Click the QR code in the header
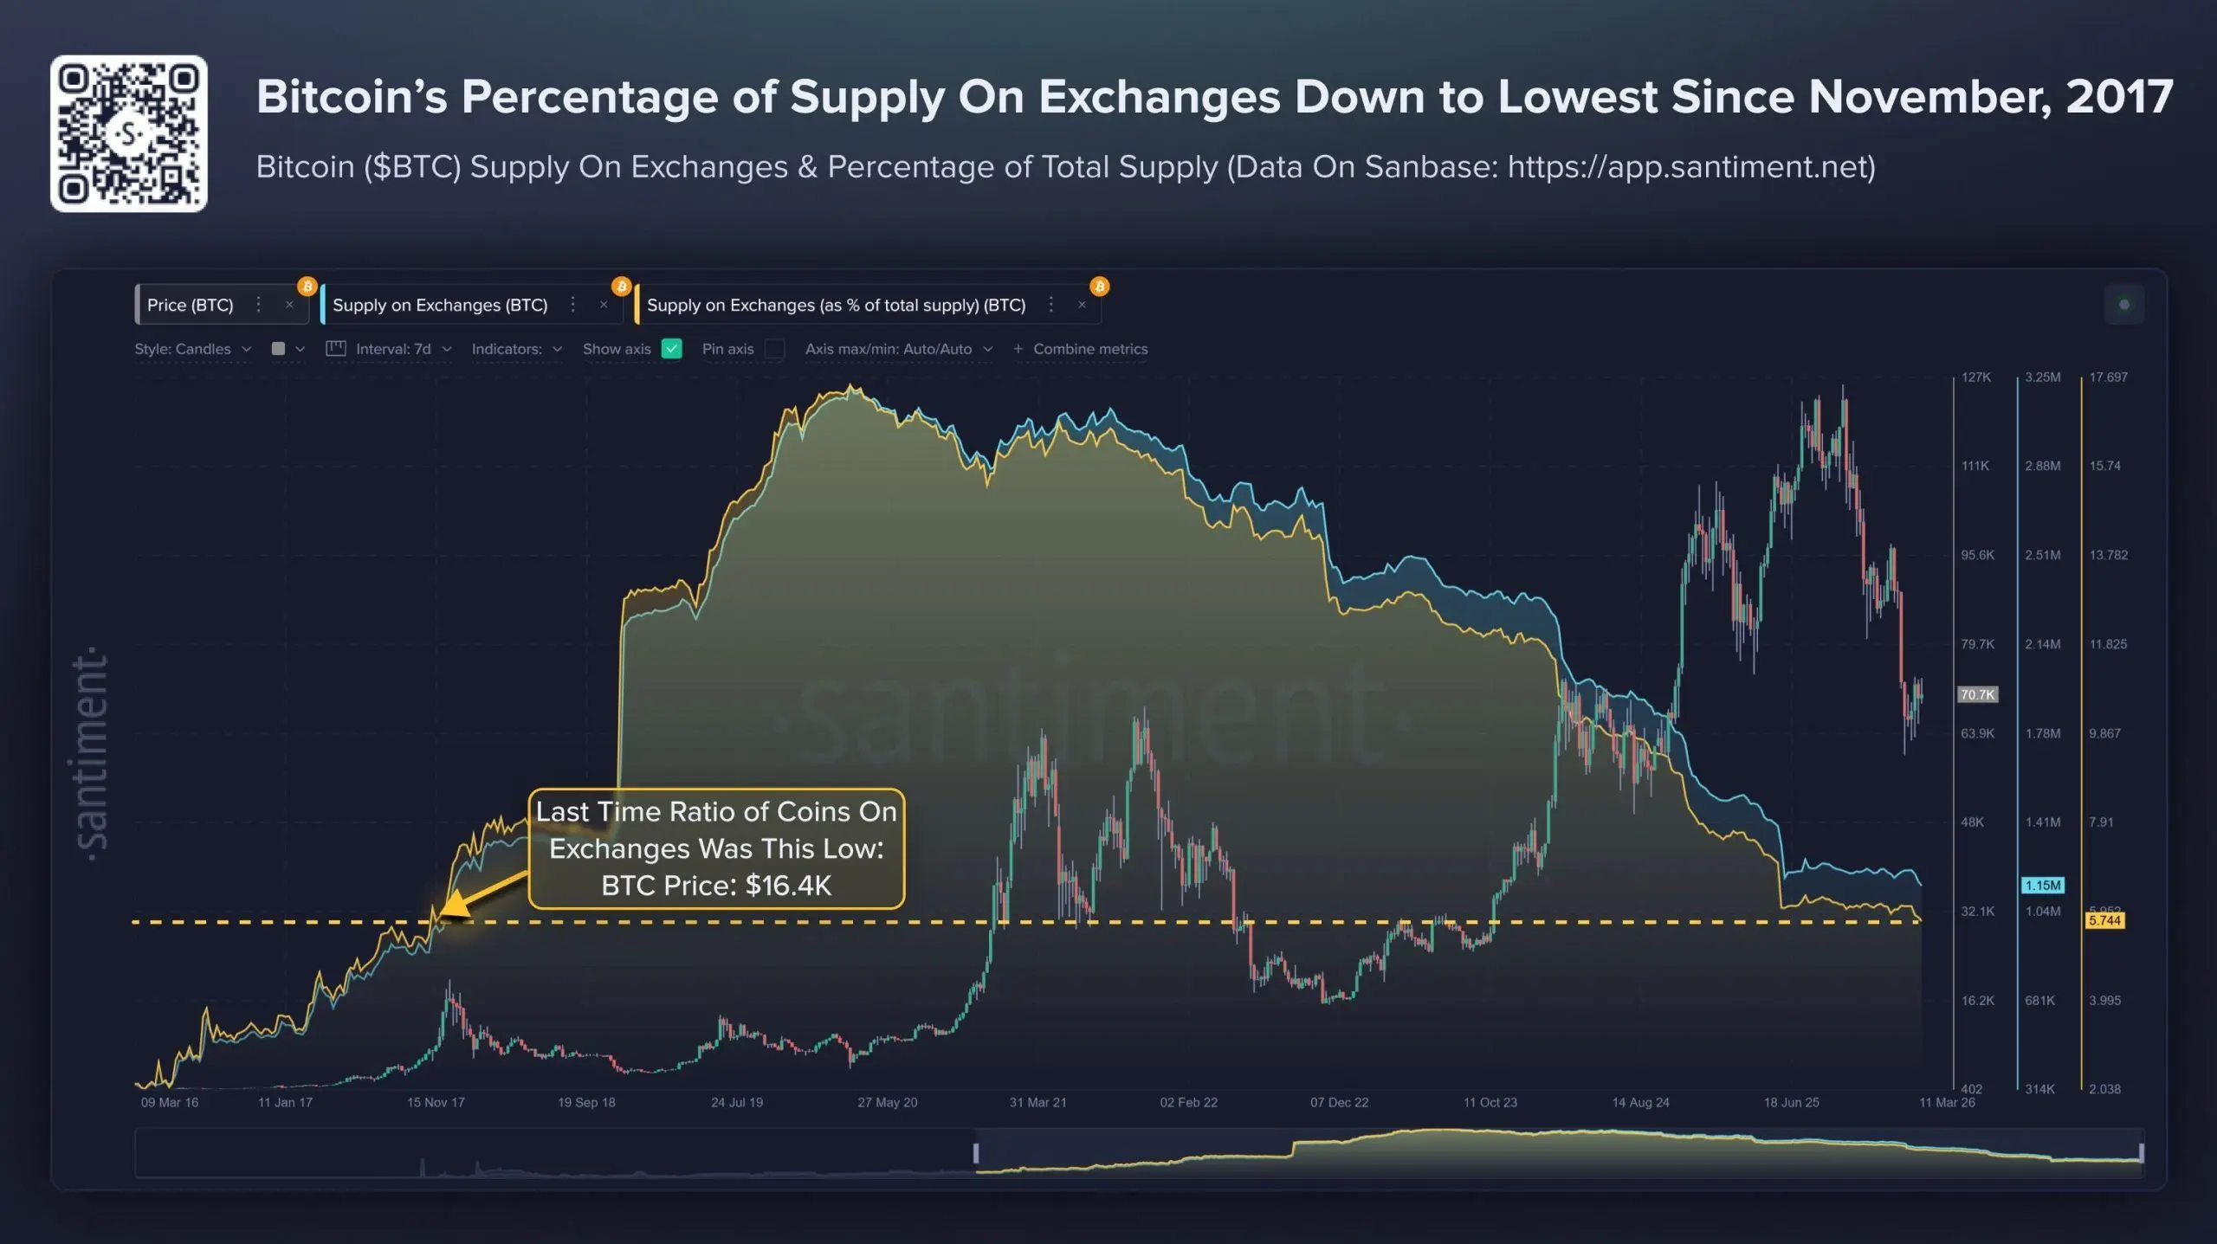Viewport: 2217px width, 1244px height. point(128,133)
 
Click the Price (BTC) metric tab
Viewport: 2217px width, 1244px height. point(191,305)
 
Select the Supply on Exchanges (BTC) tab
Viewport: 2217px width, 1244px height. point(440,305)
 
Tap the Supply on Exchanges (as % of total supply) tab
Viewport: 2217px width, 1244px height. point(836,305)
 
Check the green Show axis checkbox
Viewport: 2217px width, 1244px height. point(671,349)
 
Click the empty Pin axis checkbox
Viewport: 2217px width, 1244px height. point(775,349)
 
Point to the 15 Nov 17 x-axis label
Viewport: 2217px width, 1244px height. point(436,1102)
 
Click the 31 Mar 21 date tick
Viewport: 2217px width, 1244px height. point(1037,1102)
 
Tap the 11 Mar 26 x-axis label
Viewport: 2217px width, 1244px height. point(1947,1102)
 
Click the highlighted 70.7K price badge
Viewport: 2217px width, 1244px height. point(1977,694)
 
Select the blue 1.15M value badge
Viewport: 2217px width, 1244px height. point(2042,886)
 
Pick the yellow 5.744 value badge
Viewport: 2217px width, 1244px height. point(2104,920)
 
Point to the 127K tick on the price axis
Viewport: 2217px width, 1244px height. point(1976,377)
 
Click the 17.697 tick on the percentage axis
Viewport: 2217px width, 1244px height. point(2108,377)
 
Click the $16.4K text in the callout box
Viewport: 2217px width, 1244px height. point(787,886)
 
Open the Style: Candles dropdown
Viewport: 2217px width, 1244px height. point(192,349)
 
